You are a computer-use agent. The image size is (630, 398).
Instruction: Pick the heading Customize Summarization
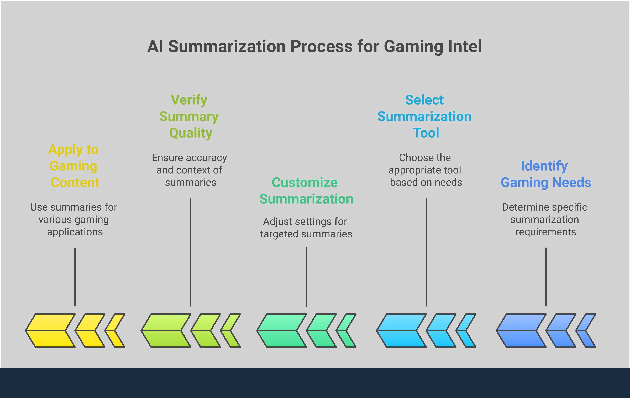pyautogui.click(x=306, y=191)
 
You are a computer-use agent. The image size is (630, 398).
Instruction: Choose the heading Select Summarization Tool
pyautogui.click(x=424, y=117)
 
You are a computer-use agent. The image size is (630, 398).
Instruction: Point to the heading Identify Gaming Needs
pyautogui.click(x=546, y=174)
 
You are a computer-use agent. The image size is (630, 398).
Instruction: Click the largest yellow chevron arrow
pyautogui.click(x=50, y=331)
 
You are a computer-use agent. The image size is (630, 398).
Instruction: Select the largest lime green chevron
pyautogui.click(x=166, y=331)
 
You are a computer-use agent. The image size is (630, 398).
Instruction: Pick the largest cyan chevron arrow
pyautogui.click(x=401, y=331)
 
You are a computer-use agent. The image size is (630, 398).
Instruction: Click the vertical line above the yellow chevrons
pyautogui.click(x=75, y=277)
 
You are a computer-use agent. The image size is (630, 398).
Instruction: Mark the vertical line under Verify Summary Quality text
pyautogui.click(x=191, y=252)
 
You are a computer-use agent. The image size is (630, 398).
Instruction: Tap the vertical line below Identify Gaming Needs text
pyautogui.click(x=546, y=277)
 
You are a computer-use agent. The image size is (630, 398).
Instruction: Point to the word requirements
pyautogui.click(x=546, y=232)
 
